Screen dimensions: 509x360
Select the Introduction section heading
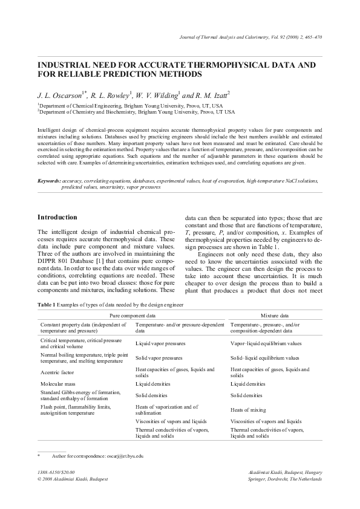pyautogui.click(x=57, y=217)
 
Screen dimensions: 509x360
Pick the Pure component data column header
pyautogui.click(x=132, y=316)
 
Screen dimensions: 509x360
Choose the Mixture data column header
pyautogui.click(x=274, y=316)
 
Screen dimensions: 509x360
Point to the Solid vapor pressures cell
pyautogui.click(x=158, y=358)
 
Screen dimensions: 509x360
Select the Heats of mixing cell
pyautogui.click(x=249, y=410)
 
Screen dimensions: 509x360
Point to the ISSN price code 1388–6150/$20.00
pyautogui.click(x=56, y=471)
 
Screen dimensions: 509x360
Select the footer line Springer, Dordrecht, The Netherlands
pyautogui.click(x=281, y=478)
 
